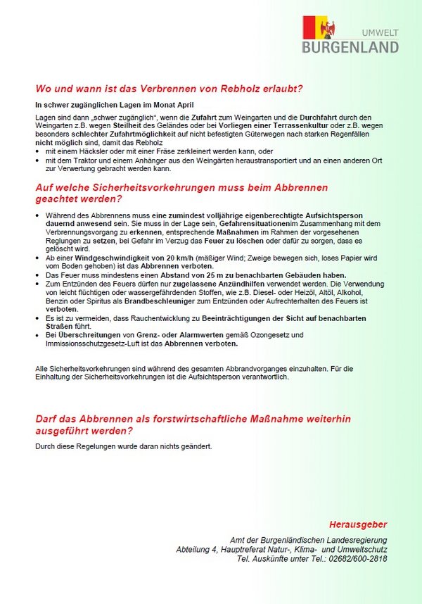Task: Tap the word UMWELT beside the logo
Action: [x=380, y=32]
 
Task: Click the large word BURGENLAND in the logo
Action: [x=350, y=47]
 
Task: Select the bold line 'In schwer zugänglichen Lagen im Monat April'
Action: [x=104, y=104]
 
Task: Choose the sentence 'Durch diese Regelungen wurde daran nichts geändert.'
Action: [x=123, y=446]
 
